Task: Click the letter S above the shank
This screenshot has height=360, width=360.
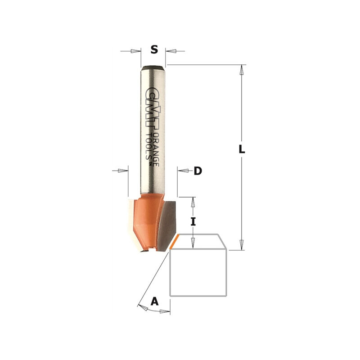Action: pyautogui.click(x=154, y=49)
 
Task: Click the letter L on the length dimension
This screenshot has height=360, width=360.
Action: pyautogui.click(x=242, y=149)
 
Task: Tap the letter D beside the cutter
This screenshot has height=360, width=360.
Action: pyautogui.click(x=198, y=171)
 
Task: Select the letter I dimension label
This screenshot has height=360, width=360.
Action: pyautogui.click(x=193, y=221)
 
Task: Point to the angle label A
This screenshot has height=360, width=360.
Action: pyautogui.click(x=154, y=301)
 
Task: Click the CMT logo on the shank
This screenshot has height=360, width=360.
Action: pyautogui.click(x=150, y=108)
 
